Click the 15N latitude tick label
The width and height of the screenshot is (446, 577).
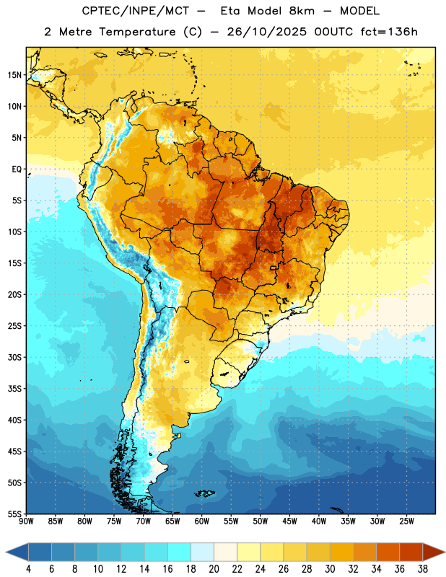14,75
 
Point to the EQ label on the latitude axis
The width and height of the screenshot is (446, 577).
17,169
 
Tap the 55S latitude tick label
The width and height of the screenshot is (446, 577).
14,514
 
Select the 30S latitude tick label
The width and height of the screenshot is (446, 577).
14,357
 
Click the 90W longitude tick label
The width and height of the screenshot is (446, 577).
26,521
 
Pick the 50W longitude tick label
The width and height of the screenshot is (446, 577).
260,521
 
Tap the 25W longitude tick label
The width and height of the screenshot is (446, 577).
406,521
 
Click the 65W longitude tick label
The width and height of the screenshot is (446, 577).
172,521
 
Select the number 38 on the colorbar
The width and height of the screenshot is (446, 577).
423,569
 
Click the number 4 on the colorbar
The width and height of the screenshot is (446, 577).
28,569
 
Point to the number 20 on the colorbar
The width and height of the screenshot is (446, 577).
214,569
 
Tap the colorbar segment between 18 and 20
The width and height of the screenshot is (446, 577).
202,552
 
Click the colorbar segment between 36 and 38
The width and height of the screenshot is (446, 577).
411,552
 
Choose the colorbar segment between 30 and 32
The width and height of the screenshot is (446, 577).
341,552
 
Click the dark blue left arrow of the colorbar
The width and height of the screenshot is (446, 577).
17,552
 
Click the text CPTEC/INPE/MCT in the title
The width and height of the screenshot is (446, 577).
136,11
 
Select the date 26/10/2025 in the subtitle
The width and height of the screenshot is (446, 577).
266,32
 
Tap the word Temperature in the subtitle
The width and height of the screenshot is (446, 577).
137,32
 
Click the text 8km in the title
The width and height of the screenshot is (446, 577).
302,11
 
